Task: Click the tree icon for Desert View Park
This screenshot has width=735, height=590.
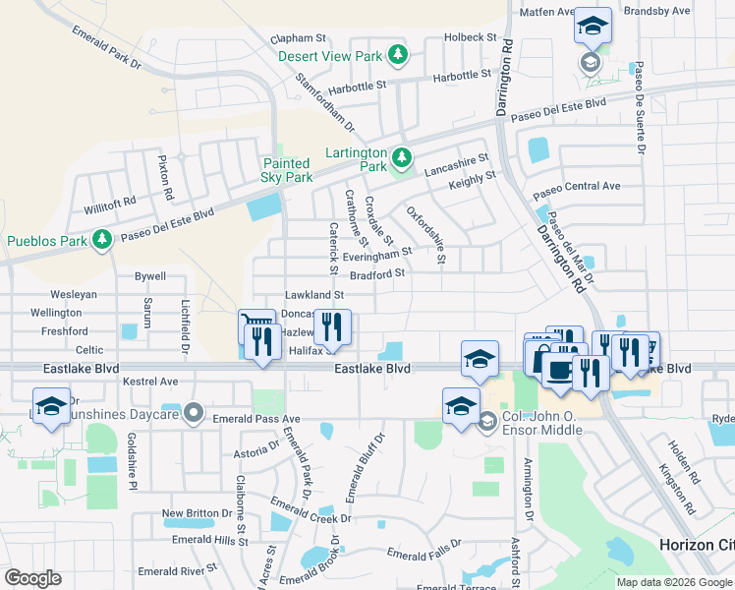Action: [x=398, y=56]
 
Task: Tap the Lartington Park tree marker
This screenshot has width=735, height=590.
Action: [x=401, y=157]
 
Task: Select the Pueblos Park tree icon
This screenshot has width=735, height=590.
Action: [x=101, y=240]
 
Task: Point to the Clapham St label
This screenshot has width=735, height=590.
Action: [x=297, y=38]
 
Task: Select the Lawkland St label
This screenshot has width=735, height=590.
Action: [x=313, y=294]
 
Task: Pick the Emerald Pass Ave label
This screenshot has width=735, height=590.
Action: [x=255, y=419]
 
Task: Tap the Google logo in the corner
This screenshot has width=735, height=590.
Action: [x=32, y=578]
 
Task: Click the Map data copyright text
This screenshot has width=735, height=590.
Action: [x=673, y=582]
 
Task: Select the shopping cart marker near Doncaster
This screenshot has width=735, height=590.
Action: [x=255, y=325]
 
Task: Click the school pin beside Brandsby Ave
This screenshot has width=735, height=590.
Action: [x=593, y=26]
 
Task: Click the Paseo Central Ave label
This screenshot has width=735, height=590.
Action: [x=584, y=186]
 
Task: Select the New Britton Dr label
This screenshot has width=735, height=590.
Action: [x=197, y=513]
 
